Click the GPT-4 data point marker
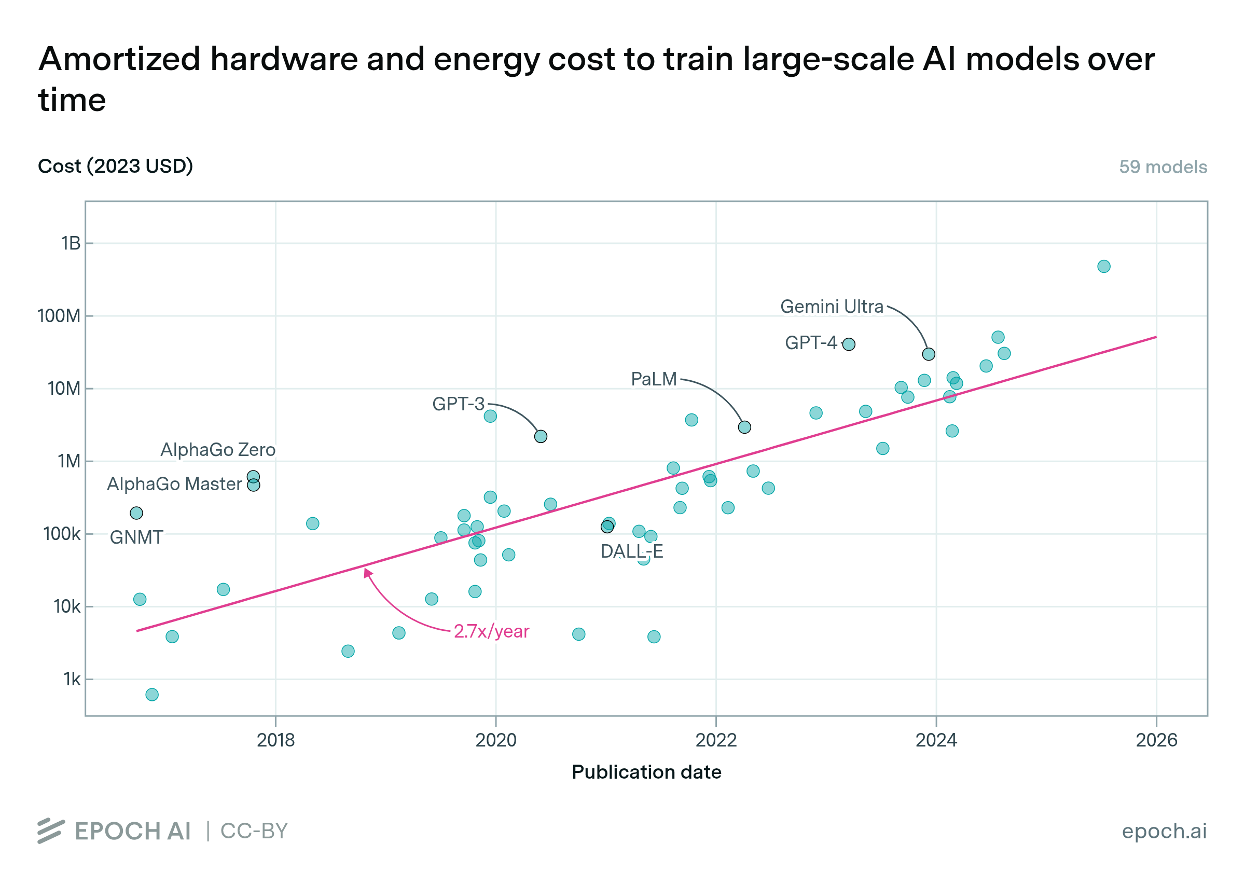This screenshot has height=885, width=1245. pyautogui.click(x=848, y=344)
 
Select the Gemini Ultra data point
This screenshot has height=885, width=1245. pyautogui.click(x=929, y=354)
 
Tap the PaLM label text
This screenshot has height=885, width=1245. pyautogui.click(x=653, y=379)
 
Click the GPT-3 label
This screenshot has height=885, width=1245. pyautogui.click(x=458, y=404)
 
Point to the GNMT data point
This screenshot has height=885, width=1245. pyautogui.click(x=136, y=513)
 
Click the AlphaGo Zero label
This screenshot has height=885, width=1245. pyautogui.click(x=217, y=450)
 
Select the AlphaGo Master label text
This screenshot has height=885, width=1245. pyautogui.click(x=174, y=484)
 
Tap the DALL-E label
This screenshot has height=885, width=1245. pyautogui.click(x=631, y=551)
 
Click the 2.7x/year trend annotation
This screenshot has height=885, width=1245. pyautogui.click(x=491, y=631)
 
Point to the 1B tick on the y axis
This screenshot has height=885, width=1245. pyautogui.click(x=71, y=243)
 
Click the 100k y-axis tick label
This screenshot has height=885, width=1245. pyautogui.click(x=62, y=534)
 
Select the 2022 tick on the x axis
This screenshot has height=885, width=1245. pyautogui.click(x=716, y=740)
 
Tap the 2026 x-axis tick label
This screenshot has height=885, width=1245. pyautogui.click(x=1156, y=740)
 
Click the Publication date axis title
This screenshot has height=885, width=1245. pyautogui.click(x=646, y=772)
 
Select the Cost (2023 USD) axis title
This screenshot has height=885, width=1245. pyautogui.click(x=116, y=166)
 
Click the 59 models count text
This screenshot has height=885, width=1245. pyautogui.click(x=1163, y=167)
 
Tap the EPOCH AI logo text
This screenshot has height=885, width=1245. pyautogui.click(x=132, y=831)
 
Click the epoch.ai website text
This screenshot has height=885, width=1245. pyautogui.click(x=1164, y=831)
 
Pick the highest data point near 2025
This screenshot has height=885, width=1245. pyautogui.click(x=1104, y=267)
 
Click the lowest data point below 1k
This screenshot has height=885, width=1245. pyautogui.click(x=152, y=695)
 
